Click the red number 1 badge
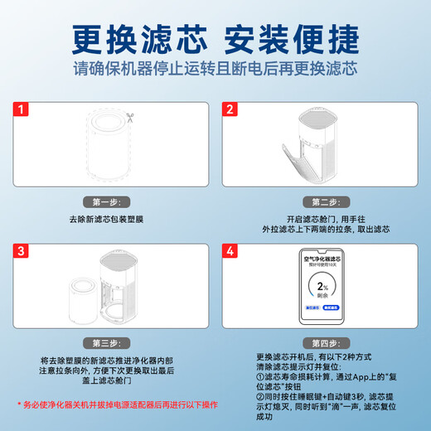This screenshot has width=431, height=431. click(22, 109)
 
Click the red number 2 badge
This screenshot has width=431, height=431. click(230, 109)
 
